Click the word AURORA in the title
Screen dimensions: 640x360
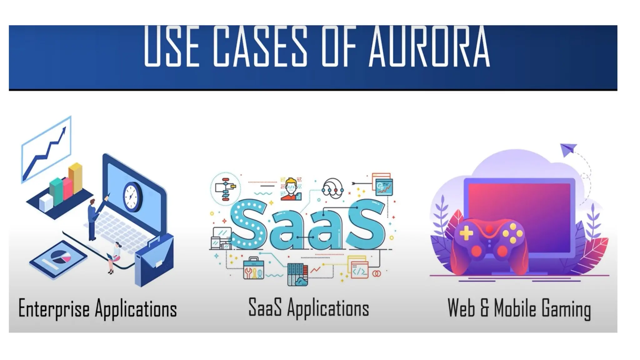[x=429, y=47]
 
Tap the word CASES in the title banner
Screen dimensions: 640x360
[x=261, y=47]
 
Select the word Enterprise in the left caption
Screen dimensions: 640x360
[x=54, y=308]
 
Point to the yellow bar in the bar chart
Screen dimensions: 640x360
[x=75, y=178]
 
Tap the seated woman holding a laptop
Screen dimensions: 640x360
[x=115, y=256]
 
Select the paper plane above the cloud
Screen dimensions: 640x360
[x=568, y=149]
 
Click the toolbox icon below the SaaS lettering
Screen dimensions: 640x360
[x=253, y=268]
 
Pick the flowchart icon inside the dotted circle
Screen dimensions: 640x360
[x=226, y=188]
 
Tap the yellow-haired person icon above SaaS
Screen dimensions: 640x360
[x=291, y=188]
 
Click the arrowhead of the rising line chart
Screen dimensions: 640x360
[x=64, y=129]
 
